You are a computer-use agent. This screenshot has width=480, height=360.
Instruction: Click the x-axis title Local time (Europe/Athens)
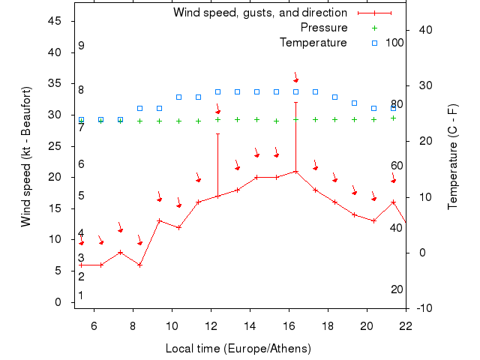click(x=238, y=349)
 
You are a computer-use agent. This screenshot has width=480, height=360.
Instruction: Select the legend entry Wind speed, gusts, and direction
click(x=259, y=13)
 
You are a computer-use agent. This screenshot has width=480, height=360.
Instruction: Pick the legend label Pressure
click(x=324, y=28)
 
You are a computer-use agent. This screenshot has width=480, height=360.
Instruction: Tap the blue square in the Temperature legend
click(x=376, y=43)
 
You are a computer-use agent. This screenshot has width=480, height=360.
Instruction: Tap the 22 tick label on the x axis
click(x=406, y=325)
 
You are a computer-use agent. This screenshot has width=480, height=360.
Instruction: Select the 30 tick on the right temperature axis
click(x=422, y=85)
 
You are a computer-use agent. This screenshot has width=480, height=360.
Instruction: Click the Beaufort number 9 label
click(x=81, y=46)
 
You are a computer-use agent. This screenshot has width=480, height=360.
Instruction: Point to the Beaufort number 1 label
click(x=81, y=295)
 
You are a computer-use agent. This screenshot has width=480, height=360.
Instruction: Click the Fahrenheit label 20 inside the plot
click(x=397, y=289)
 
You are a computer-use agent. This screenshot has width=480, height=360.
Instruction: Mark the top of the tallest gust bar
click(x=296, y=103)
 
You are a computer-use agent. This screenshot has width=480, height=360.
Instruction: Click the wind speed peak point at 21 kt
click(x=296, y=171)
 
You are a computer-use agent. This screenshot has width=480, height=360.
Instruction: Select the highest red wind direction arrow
click(x=296, y=78)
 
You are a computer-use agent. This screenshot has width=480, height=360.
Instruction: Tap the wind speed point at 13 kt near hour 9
click(x=159, y=220)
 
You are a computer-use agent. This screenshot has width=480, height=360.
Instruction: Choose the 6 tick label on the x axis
click(x=94, y=325)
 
